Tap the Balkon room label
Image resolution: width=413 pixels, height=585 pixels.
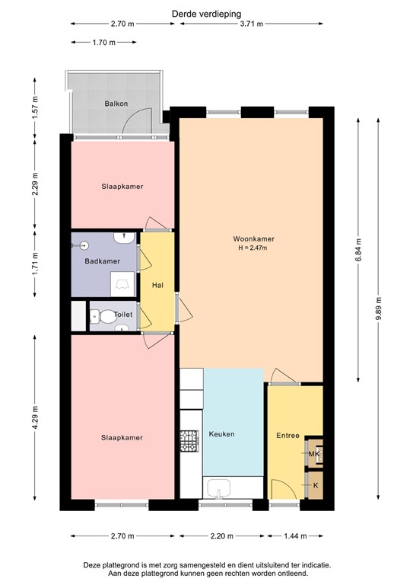pos(116,104)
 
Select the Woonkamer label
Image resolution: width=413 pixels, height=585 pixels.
pos(254,238)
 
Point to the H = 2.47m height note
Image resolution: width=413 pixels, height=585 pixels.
pos(254,248)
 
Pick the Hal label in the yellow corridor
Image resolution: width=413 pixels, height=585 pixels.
pos(157,285)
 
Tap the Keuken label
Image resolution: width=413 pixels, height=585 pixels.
pos(221,434)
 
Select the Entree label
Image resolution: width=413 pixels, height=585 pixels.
pos(288,436)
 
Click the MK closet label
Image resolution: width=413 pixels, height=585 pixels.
pos(314,454)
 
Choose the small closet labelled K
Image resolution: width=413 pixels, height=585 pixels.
pos(315,485)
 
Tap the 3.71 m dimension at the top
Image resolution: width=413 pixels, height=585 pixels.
pos(251,24)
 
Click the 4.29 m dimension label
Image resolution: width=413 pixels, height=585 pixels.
pos(36,421)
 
